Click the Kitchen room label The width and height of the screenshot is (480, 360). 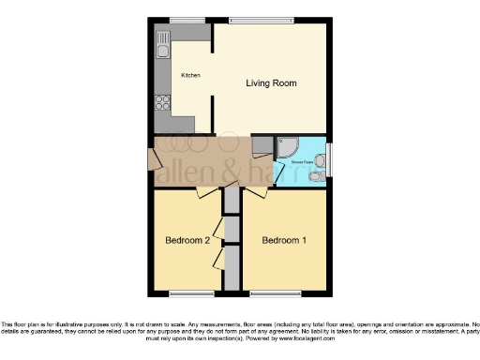coord(190,75)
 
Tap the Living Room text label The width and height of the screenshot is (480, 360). coord(271,83)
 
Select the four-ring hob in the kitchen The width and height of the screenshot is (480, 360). coord(162,103)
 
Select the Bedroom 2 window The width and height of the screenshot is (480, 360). coord(186,292)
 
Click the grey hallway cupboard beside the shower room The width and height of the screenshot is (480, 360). coord(262,144)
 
